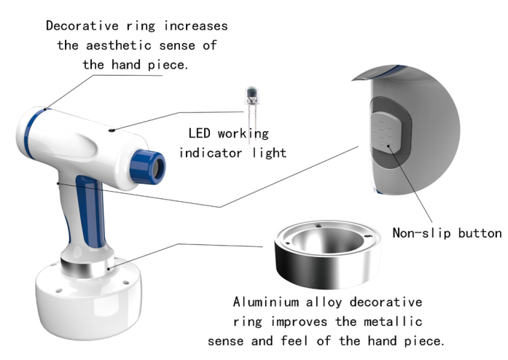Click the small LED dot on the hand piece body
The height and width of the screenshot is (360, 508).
[x=110, y=131]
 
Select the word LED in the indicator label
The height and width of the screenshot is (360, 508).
[x=200, y=133]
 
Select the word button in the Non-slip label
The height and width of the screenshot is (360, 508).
[x=479, y=233]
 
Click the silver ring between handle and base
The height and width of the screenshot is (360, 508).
[x=87, y=267]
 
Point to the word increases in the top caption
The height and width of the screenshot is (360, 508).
[x=194, y=26]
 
